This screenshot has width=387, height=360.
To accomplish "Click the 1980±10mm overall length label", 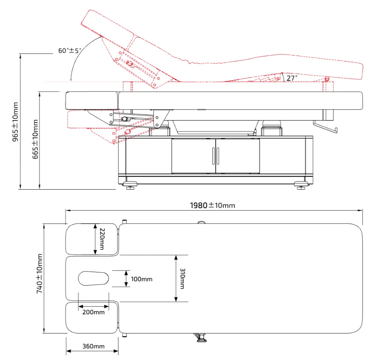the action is point(212,205).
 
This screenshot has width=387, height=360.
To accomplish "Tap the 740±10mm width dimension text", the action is point(39,273).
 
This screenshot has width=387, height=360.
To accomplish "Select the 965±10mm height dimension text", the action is point(15,122).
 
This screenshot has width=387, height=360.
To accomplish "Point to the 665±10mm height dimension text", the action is point(35,139).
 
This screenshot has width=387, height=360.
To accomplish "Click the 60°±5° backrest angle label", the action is point(70,51).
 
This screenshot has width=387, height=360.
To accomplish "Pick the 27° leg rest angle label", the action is point(292,78).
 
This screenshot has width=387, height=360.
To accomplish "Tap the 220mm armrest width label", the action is point(102,239).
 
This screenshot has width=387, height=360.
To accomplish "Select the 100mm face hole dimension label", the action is point(141,279).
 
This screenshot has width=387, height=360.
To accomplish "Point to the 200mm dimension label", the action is point(93,312).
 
